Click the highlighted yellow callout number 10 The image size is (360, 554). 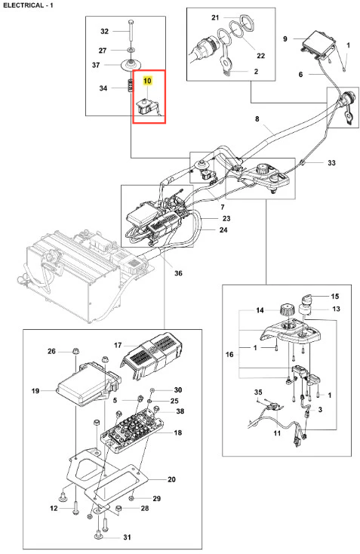pos(147,81)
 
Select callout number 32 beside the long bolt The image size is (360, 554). pos(105,31)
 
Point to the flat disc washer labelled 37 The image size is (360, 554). pos(131,64)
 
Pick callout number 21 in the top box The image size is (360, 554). pos(215,17)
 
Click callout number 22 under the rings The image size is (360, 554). pos(260,55)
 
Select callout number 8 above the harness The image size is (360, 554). pos(257,118)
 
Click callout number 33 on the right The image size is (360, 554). pos(331,162)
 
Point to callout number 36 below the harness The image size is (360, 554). pos(178,272)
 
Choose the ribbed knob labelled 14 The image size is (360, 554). pos(287,310)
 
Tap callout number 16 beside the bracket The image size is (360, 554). pos(229,354)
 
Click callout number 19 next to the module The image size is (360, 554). pos(35,391)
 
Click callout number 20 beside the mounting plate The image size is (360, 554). pos(171,479)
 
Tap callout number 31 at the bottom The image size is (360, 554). pos(128,537)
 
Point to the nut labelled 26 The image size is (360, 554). pos(75,351)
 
